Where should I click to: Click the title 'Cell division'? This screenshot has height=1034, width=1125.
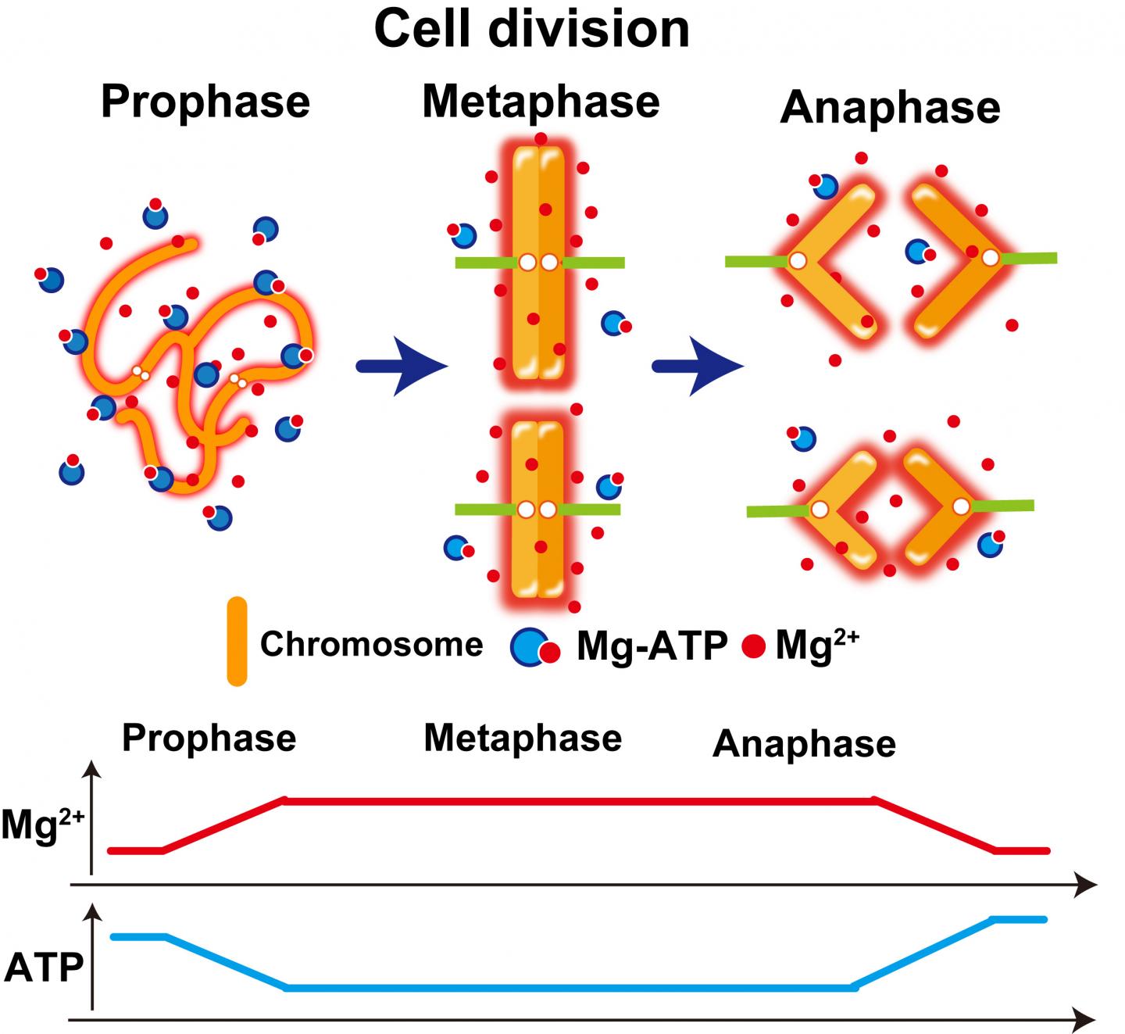531,30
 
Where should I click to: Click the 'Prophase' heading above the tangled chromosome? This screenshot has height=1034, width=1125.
205,102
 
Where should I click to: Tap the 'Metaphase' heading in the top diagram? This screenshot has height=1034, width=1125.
541,102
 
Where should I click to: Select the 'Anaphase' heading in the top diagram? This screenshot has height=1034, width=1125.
890,107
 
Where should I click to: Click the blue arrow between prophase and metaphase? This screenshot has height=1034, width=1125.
402,366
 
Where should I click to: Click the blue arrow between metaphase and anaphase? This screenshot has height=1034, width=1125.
697,366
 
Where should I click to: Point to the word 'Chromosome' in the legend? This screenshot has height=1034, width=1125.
371,645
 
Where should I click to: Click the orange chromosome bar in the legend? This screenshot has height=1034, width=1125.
237,642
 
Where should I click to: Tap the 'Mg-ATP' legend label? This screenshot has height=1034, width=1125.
652,646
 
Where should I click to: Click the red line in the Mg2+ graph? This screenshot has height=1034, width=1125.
578,800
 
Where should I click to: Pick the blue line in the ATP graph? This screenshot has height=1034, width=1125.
570,989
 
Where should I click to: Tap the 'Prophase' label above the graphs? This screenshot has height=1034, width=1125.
209,738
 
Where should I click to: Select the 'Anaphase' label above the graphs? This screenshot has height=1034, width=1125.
803,744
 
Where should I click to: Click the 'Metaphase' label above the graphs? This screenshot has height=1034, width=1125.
523,738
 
